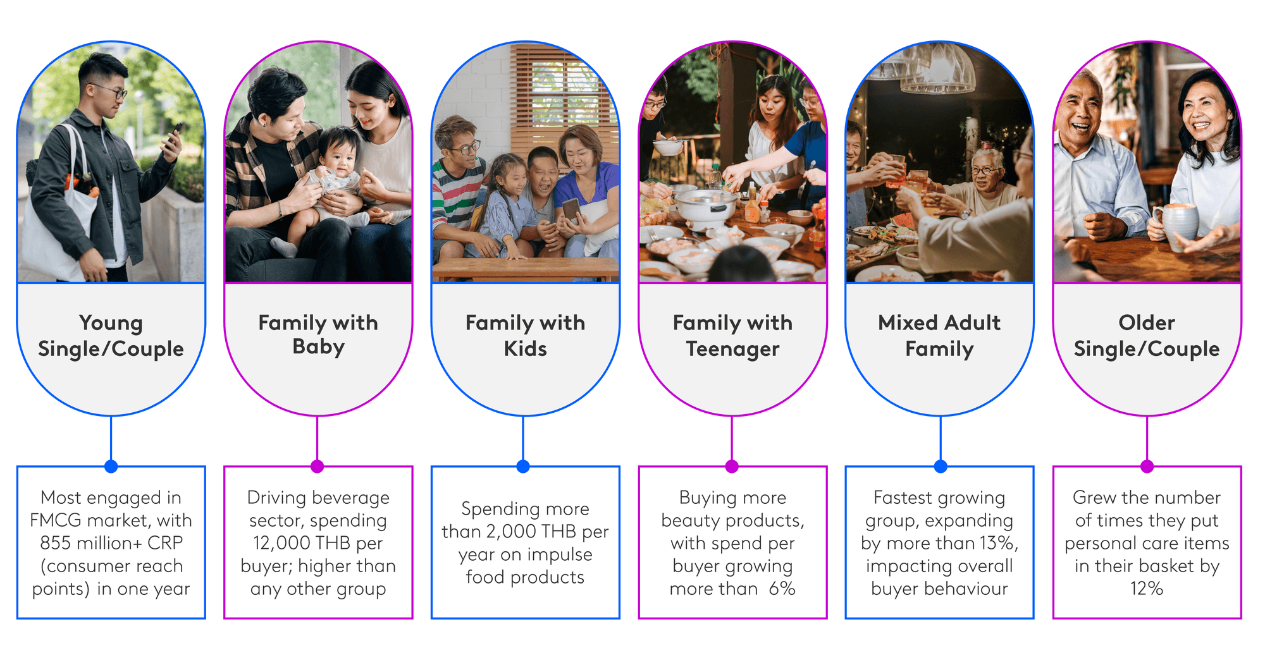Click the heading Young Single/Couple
click(x=111, y=336)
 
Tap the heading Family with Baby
click(x=318, y=334)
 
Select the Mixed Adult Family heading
click(x=939, y=336)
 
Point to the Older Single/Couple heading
click(x=1147, y=336)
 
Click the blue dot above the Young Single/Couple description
click(x=111, y=467)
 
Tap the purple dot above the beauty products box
click(x=732, y=467)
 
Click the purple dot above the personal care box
click(x=1147, y=467)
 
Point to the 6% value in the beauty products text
click(x=782, y=589)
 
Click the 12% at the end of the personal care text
click(x=1147, y=589)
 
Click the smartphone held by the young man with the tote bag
click(x=175, y=135)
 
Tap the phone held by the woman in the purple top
click(x=571, y=209)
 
